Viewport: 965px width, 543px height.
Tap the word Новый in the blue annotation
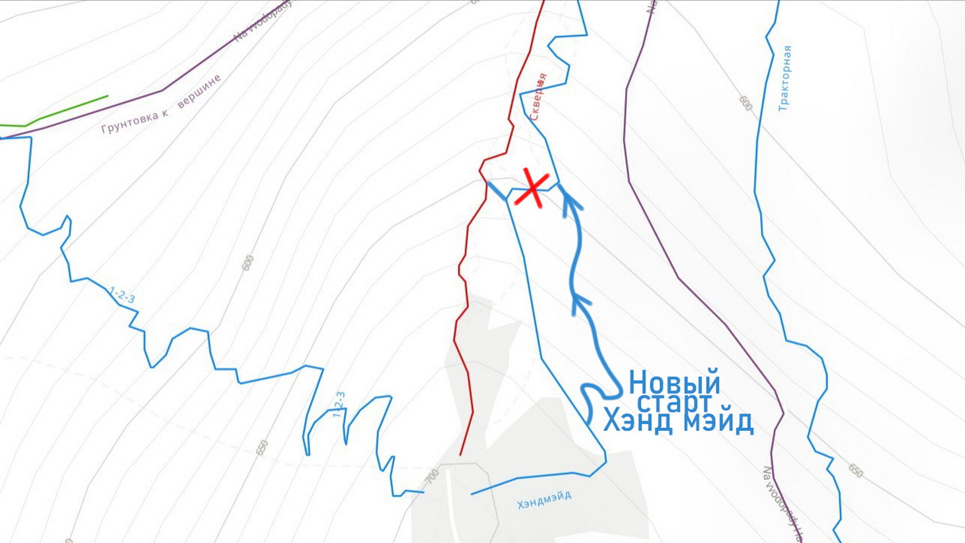674,382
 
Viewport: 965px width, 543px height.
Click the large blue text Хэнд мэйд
678,421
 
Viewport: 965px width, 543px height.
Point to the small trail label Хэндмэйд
544,500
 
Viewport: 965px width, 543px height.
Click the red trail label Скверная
538,97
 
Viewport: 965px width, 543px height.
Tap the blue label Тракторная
785,78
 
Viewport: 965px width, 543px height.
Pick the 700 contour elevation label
433,476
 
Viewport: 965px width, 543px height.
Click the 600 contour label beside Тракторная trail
745,103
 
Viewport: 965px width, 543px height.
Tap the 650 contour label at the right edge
855,471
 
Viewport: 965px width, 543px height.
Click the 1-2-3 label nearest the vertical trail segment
339,404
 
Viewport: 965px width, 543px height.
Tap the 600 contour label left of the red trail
248,263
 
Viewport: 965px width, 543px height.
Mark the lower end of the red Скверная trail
461,455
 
